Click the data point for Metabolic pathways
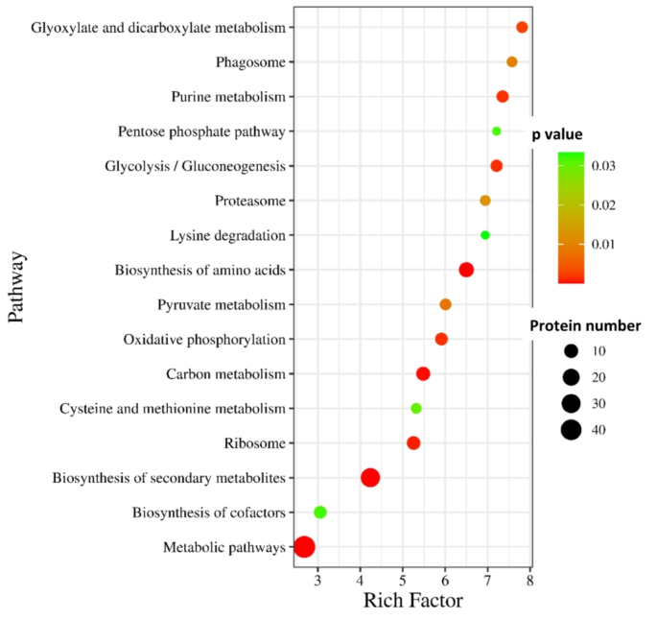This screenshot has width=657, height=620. [304, 547]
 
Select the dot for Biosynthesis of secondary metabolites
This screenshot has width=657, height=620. [370, 478]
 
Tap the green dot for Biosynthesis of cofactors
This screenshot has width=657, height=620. [320, 513]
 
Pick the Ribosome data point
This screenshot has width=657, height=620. [413, 443]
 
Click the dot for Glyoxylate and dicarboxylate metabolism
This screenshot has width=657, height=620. [522, 28]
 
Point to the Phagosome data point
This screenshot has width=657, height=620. [512, 62]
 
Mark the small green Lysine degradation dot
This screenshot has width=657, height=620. [485, 235]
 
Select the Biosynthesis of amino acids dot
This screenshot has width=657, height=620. [466, 270]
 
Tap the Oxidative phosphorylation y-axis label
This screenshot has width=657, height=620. [204, 340]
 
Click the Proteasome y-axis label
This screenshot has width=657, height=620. [246, 201]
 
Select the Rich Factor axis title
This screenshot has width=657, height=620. [412, 602]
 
